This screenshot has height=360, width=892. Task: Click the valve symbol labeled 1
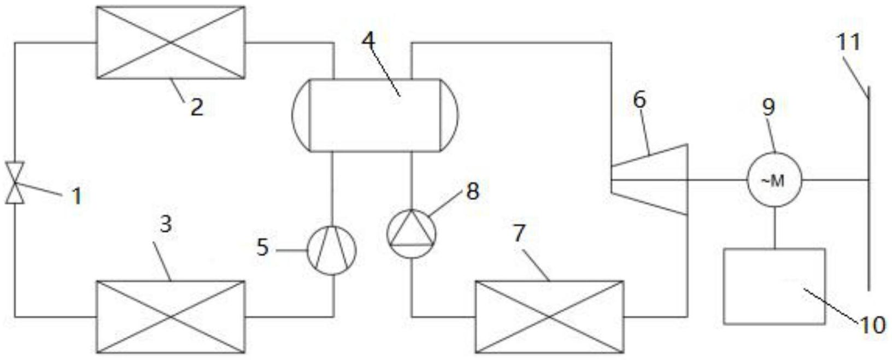pyautogui.click(x=15, y=183)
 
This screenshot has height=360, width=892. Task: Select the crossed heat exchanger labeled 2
pyautogui.click(x=171, y=43)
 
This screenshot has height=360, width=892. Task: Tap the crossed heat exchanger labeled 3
pyautogui.click(x=171, y=317)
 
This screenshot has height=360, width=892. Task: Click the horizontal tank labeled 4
pyautogui.click(x=375, y=115)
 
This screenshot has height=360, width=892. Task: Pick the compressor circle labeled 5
pyautogui.click(x=332, y=250)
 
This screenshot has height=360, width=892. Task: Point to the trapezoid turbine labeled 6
pyautogui.click(x=649, y=179)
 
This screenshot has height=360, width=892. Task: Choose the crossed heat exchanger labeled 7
pyautogui.click(x=549, y=317)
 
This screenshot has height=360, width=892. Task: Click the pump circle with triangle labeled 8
pyautogui.click(x=412, y=234)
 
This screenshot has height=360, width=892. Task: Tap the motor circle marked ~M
pyautogui.click(x=774, y=180)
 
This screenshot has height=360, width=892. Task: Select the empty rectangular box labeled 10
pyautogui.click(x=774, y=287)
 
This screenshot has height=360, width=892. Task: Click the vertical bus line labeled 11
pyautogui.click(x=868, y=191)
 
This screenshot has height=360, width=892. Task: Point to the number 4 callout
pyautogui.click(x=369, y=40)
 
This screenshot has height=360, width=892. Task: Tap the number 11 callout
pyautogui.click(x=849, y=42)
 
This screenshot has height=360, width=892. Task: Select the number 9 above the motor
pyautogui.click(x=768, y=107)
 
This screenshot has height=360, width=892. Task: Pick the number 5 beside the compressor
pyautogui.click(x=263, y=248)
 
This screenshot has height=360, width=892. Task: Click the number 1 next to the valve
pyautogui.click(x=77, y=196)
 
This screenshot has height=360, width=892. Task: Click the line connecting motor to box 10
pyautogui.click(x=774, y=228)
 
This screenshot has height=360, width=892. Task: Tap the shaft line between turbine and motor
pyautogui.click(x=717, y=180)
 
